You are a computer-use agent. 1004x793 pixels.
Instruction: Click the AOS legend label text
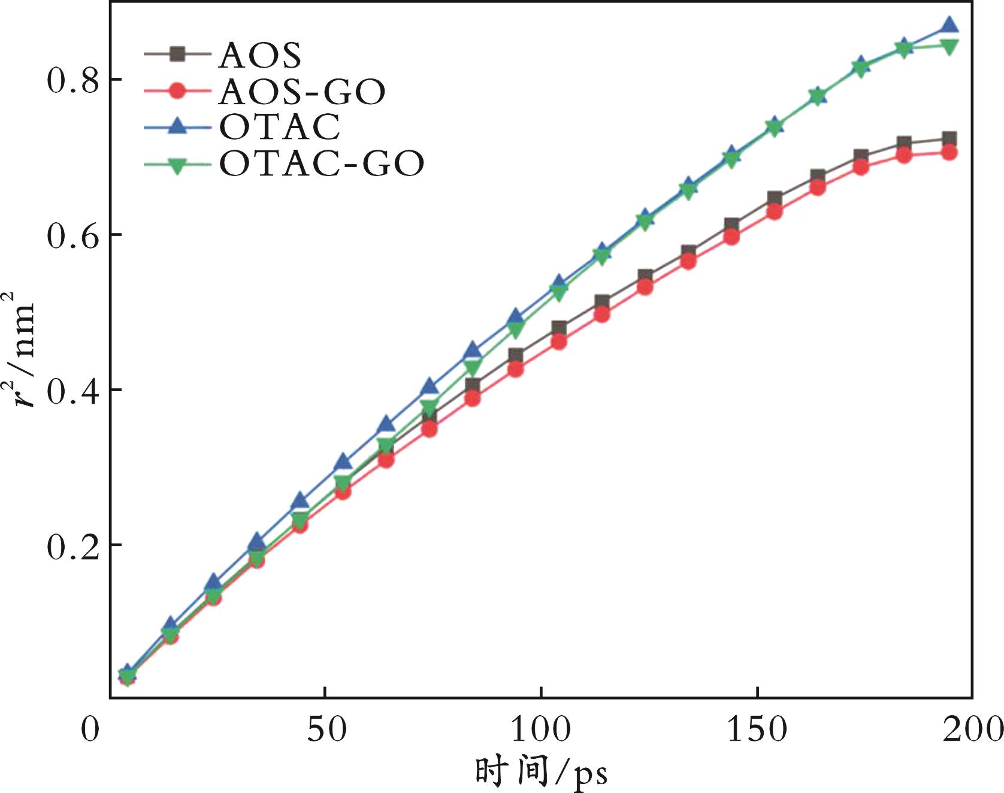[260, 56]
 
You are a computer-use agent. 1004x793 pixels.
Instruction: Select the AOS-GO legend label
[302, 92]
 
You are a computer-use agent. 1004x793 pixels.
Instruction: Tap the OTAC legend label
[280, 126]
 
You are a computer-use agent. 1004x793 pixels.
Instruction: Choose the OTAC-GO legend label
[322, 163]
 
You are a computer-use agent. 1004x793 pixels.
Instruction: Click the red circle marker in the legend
[177, 91]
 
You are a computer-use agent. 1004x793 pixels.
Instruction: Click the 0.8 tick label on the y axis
[72, 80]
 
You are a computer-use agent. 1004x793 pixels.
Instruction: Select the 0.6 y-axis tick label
[72, 235]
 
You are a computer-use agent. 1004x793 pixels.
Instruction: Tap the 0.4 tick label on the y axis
[72, 390]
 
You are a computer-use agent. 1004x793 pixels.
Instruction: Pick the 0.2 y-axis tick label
[72, 546]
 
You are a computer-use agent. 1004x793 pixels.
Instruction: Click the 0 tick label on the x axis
[90, 729]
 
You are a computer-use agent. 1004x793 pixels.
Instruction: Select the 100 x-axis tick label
[541, 729]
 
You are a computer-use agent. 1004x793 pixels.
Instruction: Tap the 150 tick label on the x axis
[757, 729]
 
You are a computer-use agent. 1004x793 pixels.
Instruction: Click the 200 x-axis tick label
[972, 729]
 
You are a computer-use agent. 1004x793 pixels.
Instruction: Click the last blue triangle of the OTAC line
[949, 25]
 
